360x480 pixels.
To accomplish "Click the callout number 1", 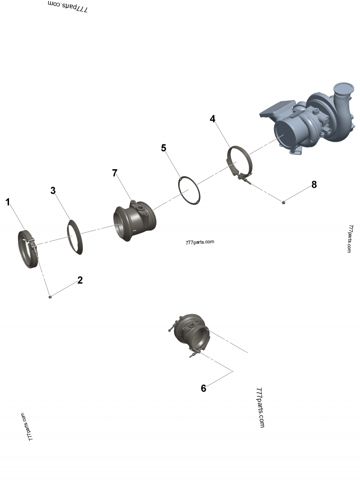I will pos(8,202).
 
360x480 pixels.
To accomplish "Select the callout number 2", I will pos(80,280).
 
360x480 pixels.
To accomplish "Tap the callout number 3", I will pos(53,190).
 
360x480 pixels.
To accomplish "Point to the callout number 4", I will pos(212,119).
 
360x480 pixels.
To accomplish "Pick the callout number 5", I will pos(164,148).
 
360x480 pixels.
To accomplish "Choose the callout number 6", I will pos(203,388).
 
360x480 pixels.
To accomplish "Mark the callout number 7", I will pos(115,173).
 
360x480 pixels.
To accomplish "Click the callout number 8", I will pos(314,184).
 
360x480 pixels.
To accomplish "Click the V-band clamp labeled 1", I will pos(28,249).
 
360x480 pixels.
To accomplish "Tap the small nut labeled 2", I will pos(50,296).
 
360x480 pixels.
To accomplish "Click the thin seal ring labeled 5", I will pos(189,191).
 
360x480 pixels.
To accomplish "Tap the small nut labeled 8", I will pos(283,203).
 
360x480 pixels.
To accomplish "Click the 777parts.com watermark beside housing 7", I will pos(200,242).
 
